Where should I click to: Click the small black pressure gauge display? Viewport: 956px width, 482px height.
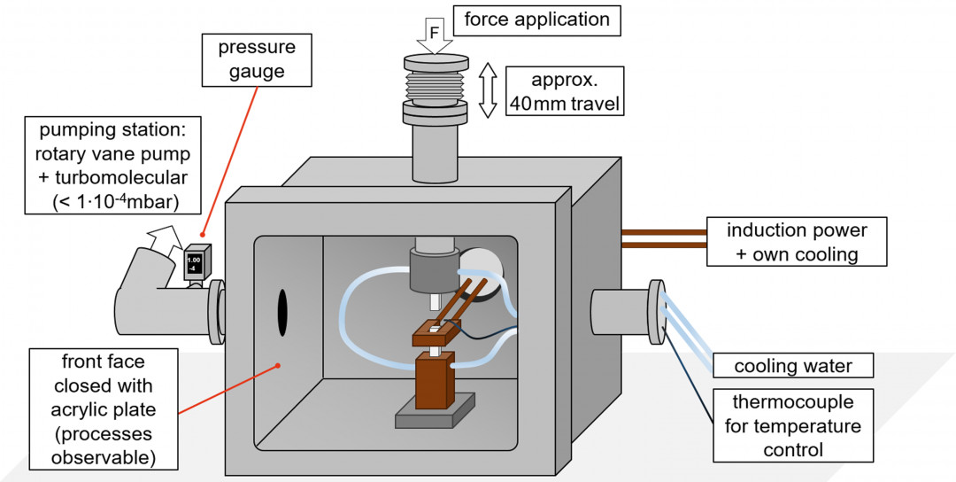pos(195,263)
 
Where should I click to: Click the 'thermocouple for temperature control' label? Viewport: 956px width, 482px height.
pos(791,426)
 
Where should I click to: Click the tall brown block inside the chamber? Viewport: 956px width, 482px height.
pos(434,381)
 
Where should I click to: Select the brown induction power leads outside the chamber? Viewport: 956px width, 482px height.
pos(664,237)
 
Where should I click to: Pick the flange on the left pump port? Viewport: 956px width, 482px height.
pos(215,311)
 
